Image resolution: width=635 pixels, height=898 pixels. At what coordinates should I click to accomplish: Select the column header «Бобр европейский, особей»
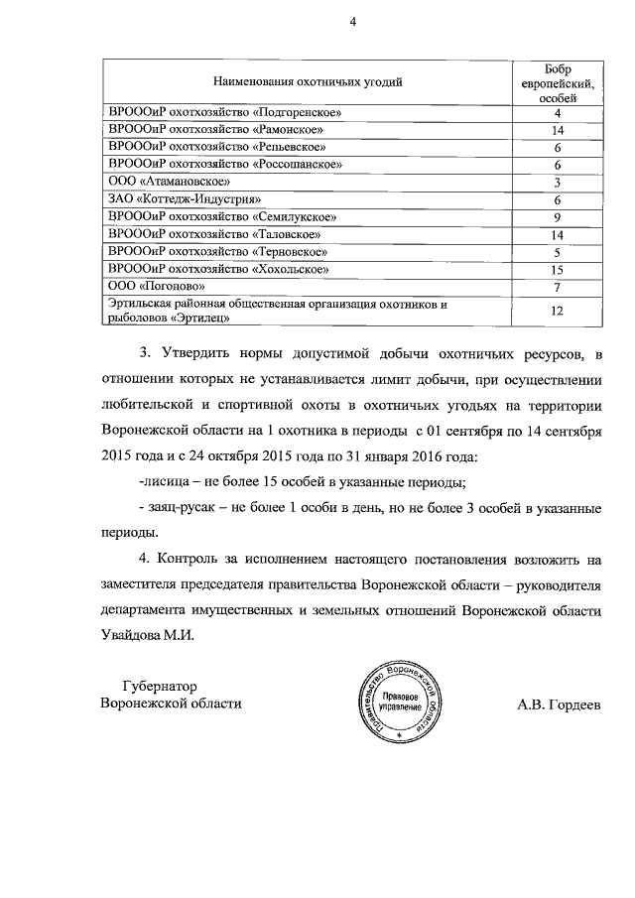[558, 80]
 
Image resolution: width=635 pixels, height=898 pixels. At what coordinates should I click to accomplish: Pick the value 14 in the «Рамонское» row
[558, 129]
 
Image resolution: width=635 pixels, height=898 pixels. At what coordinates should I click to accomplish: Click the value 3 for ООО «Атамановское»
[558, 182]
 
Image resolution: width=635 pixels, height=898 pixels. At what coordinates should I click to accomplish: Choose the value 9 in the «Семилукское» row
[558, 216]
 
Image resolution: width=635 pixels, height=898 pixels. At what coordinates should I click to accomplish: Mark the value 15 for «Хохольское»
[558, 269]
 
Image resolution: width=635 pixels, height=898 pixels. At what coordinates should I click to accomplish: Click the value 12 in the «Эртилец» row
[558, 311]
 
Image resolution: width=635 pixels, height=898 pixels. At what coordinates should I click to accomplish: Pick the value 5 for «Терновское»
[558, 252]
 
